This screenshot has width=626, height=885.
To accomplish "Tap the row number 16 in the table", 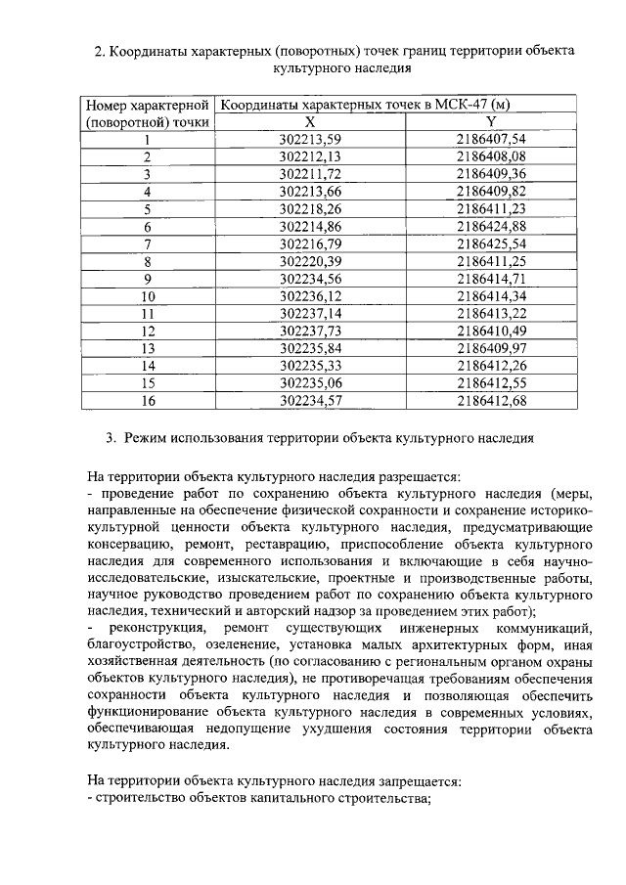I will coord(149,399).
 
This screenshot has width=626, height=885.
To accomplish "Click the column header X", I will coord(309,121).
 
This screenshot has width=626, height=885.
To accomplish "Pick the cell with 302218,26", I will coord(309,208).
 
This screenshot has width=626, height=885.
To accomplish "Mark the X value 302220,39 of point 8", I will coord(309,260).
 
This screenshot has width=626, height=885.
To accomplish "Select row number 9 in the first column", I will coord(149,278).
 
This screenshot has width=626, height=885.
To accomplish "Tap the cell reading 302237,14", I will coord(309,312).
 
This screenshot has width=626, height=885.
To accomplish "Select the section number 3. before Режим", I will coord(111,438).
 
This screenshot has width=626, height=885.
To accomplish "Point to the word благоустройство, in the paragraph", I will coord(139,643).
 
